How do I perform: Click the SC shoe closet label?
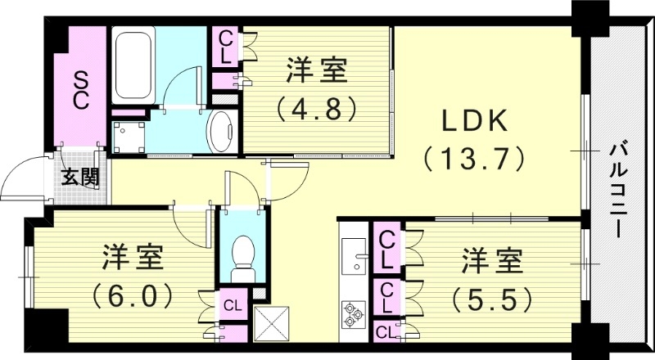[x=81, y=90]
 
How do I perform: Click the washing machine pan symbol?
[x=129, y=136]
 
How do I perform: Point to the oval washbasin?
[x=222, y=132]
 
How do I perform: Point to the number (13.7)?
[x=473, y=157]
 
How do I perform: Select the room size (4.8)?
[x=317, y=107]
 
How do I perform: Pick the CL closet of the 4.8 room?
[x=224, y=48]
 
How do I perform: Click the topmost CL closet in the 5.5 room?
[x=387, y=250]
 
